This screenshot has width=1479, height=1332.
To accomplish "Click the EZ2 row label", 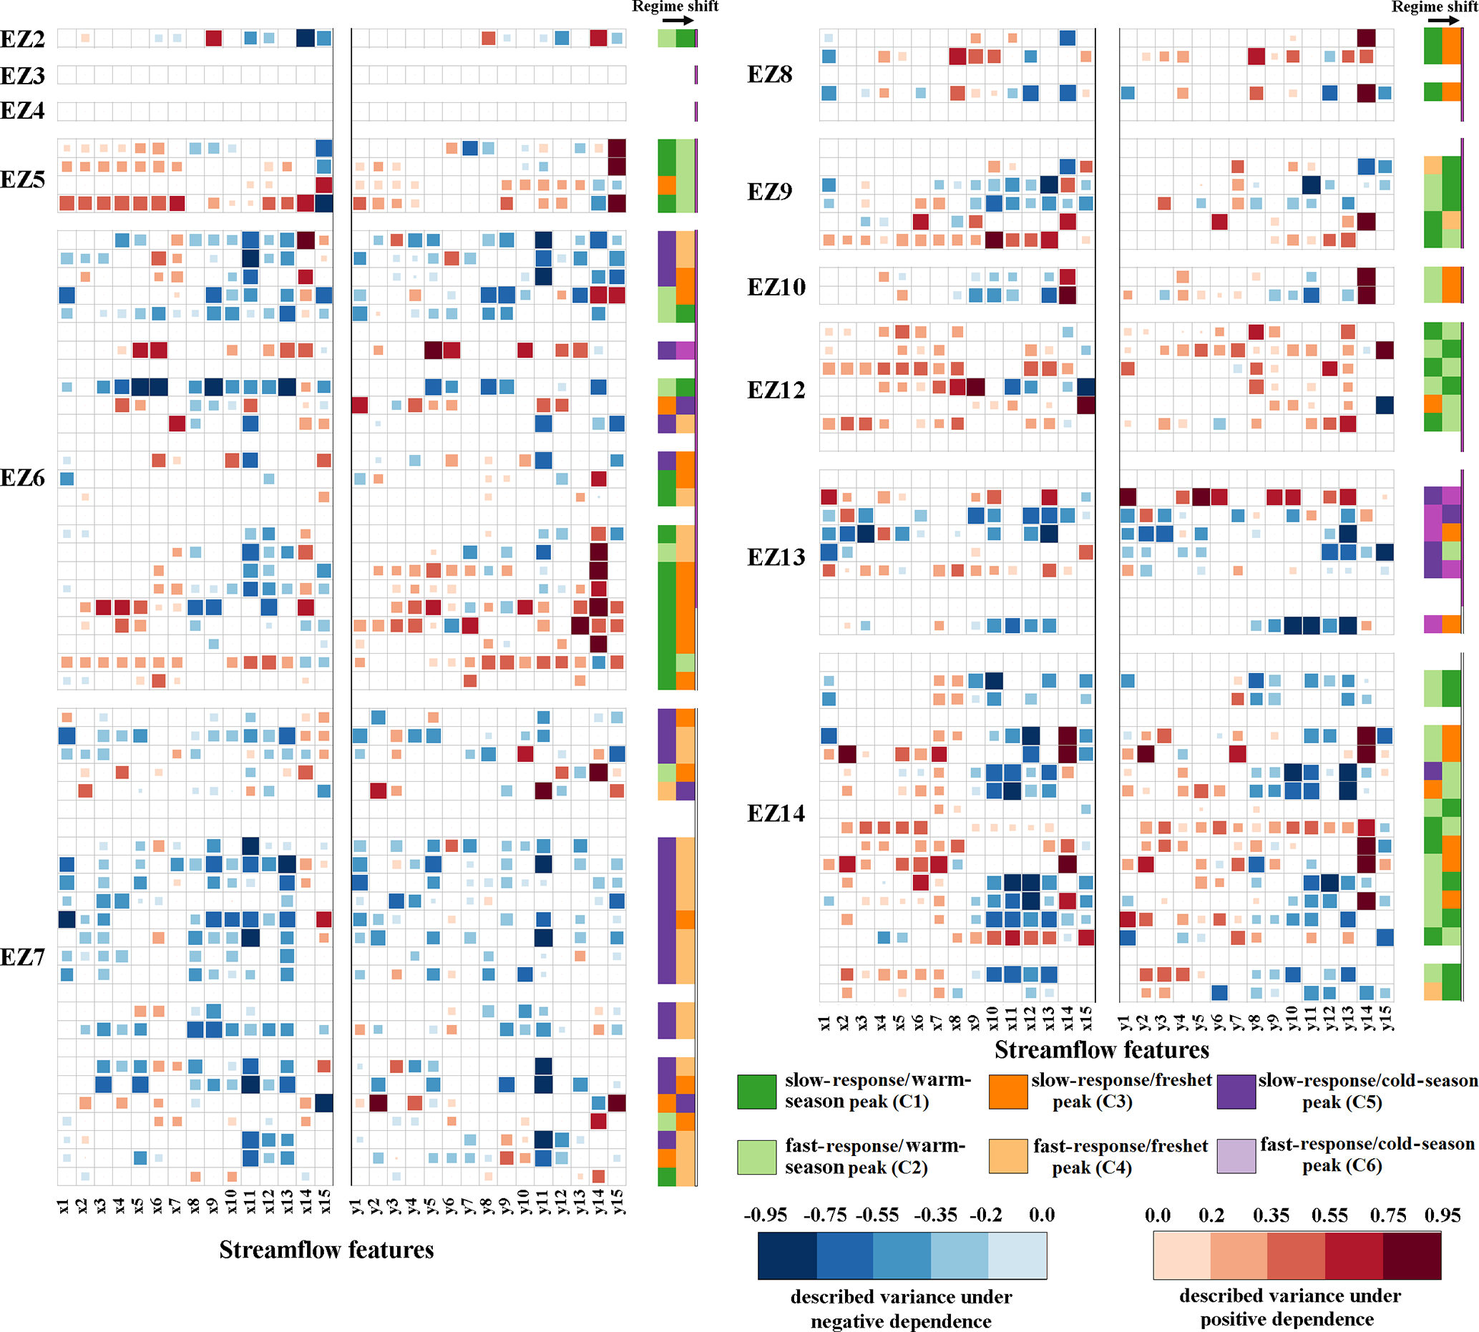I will coord(23,39).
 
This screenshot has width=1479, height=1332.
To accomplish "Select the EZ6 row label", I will coord(23,478).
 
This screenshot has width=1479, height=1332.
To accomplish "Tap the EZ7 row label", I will coord(23,956).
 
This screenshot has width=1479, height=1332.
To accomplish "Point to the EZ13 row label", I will coord(776,557).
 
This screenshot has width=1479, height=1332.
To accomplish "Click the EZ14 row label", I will coord(776,813).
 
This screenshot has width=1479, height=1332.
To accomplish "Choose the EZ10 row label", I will coord(776,287).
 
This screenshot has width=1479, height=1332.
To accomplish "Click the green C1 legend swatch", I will coord(756,1091).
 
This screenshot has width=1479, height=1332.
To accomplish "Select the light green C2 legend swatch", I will coord(756,1156).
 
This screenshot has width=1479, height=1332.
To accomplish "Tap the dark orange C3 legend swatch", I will coord(1007,1091).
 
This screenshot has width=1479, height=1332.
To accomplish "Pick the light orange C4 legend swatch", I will coord(1007,1156).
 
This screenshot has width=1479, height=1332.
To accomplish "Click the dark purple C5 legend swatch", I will coord(1236,1091).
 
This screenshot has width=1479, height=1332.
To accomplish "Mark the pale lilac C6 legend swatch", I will coord(1236,1156).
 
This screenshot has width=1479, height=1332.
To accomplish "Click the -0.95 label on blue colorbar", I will coord(765,1215).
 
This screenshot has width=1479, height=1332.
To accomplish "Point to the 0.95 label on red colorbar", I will coord(1442,1215).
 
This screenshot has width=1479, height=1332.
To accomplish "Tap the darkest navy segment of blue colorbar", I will coord(787,1256).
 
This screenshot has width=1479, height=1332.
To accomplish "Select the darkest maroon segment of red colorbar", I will coord(1412,1256).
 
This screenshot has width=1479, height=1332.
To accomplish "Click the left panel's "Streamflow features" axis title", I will coord(326,1249).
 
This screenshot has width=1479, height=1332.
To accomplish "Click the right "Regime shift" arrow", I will coord(1443,21).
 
